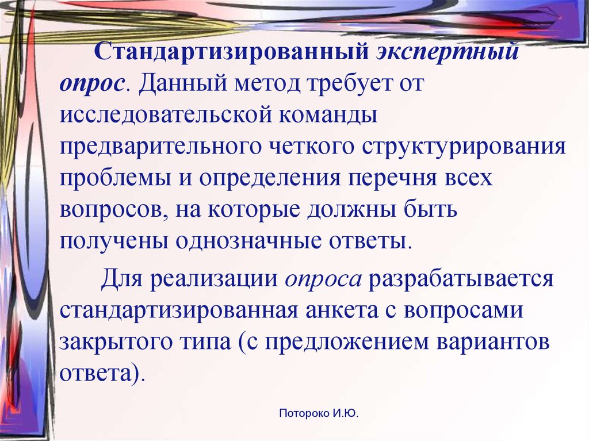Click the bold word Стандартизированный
(x=232, y=52)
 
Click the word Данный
(x=183, y=83)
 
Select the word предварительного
(x=160, y=147)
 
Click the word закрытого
(x=115, y=343)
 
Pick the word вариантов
(x=492, y=343)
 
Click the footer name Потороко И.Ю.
(x=319, y=413)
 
